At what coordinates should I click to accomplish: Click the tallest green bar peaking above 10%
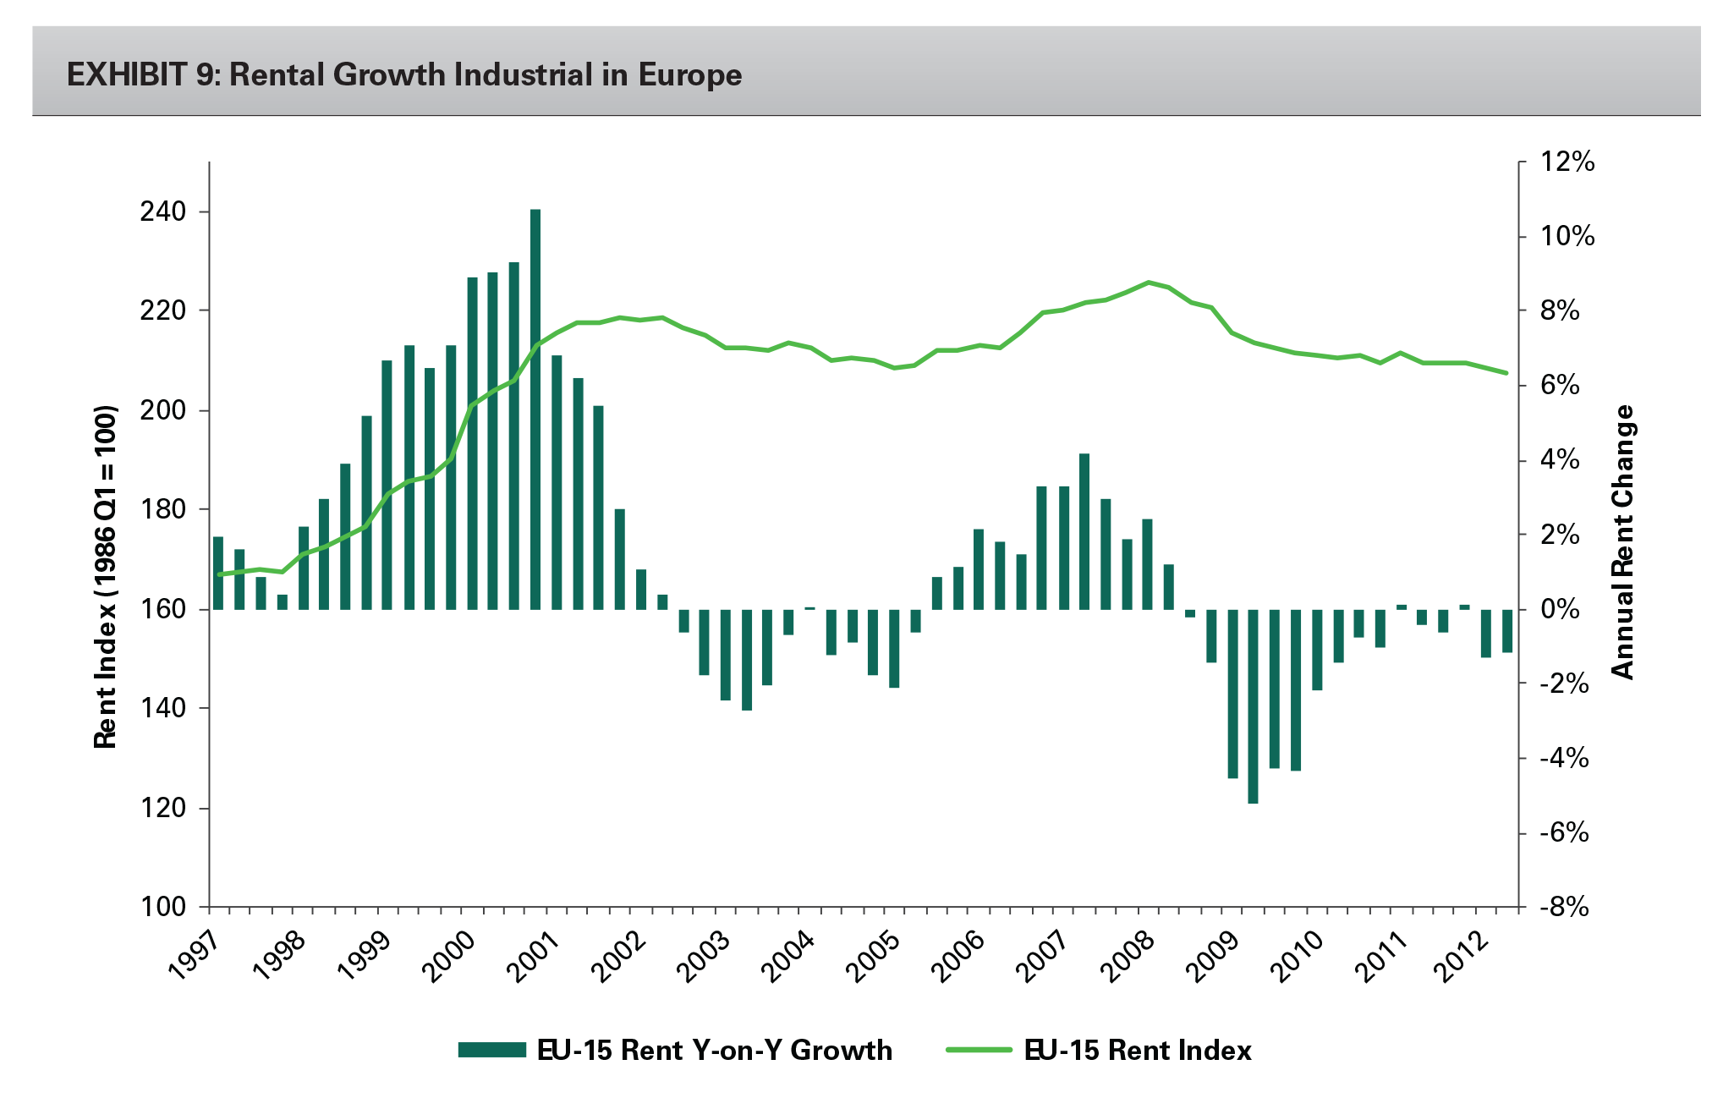point(535,406)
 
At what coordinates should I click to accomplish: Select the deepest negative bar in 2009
point(1253,706)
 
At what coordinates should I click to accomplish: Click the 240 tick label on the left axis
point(162,211)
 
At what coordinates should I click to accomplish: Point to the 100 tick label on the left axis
point(162,907)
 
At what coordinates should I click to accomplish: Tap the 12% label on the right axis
point(1567,162)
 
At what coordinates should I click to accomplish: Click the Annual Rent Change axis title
point(1622,541)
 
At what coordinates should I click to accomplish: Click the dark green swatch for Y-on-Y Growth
point(491,1050)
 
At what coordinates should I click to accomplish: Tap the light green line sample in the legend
point(978,1050)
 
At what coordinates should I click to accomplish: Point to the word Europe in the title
point(689,75)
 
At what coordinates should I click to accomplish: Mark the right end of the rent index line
point(1506,373)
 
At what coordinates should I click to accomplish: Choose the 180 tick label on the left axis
point(162,510)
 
